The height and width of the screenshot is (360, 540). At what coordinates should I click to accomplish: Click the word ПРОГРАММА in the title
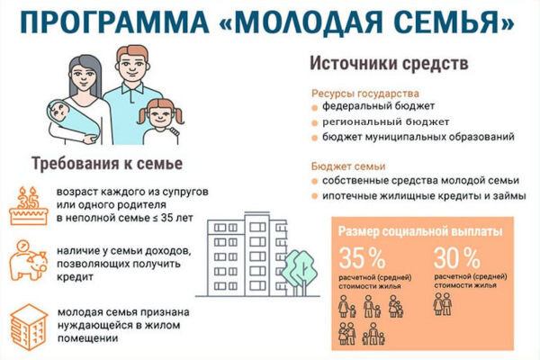pyautogui.click(x=114, y=22)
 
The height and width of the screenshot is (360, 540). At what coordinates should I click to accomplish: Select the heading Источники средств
pyautogui.click(x=389, y=63)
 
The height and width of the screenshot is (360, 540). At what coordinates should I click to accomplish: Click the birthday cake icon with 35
pyautogui.click(x=29, y=206)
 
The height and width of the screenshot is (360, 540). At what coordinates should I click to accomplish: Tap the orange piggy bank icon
pyautogui.click(x=28, y=261)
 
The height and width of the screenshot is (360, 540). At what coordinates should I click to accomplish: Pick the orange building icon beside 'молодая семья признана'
pyautogui.click(x=29, y=328)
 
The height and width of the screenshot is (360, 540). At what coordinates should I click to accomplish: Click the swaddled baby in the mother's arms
pyautogui.click(x=73, y=121)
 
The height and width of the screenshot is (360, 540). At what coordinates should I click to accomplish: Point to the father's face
pyautogui.click(x=133, y=65)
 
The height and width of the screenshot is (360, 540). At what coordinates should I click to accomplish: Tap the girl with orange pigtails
pyautogui.click(x=161, y=121)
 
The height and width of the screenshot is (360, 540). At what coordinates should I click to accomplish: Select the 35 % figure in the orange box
pyautogui.click(x=362, y=258)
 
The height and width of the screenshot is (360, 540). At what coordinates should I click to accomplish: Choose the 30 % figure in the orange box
pyautogui.click(x=457, y=258)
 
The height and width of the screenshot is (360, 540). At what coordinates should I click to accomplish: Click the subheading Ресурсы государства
pyautogui.click(x=365, y=94)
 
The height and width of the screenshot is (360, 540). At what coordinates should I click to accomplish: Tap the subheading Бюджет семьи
pyautogui.click(x=348, y=166)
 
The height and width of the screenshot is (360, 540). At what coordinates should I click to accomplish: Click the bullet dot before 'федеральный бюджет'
pyautogui.click(x=314, y=108)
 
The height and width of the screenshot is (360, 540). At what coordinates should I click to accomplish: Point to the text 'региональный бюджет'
pyautogui.click(x=386, y=122)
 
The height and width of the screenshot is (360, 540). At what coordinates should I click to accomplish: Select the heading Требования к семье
pyautogui.click(x=107, y=164)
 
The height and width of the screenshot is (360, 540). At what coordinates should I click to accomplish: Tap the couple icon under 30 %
pyautogui.click(x=443, y=304)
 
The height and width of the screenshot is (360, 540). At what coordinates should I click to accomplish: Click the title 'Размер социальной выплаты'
pyautogui.click(x=420, y=231)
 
